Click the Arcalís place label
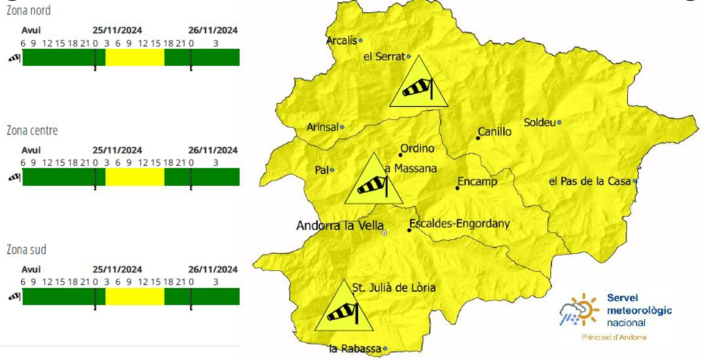(342, 40)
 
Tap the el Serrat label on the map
(385, 57)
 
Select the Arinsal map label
(321, 127)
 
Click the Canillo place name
(495, 132)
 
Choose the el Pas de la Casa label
(591, 181)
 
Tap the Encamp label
(476, 182)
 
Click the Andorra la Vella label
(338, 225)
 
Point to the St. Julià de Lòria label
(393, 287)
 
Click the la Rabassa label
(355, 349)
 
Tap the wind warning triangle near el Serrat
(418, 85)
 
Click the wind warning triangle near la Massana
(372, 182)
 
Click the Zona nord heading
(28, 11)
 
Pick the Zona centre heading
(31, 130)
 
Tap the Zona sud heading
(27, 250)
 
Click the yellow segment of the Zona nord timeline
(134, 57)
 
